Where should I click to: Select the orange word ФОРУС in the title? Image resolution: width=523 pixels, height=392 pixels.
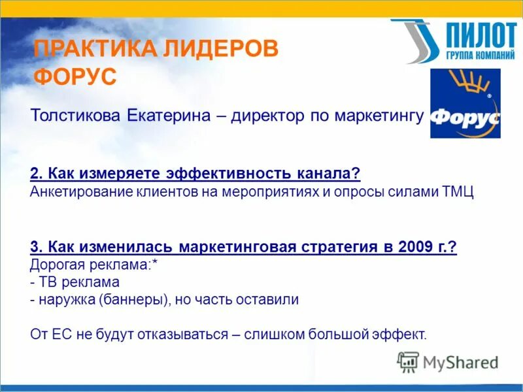(x=75, y=76)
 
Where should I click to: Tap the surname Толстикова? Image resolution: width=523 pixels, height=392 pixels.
(x=75, y=116)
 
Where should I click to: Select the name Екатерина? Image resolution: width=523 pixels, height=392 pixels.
(x=167, y=116)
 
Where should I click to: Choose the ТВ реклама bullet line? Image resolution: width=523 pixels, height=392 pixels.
(x=75, y=283)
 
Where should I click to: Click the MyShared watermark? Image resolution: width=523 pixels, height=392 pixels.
(x=448, y=362)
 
